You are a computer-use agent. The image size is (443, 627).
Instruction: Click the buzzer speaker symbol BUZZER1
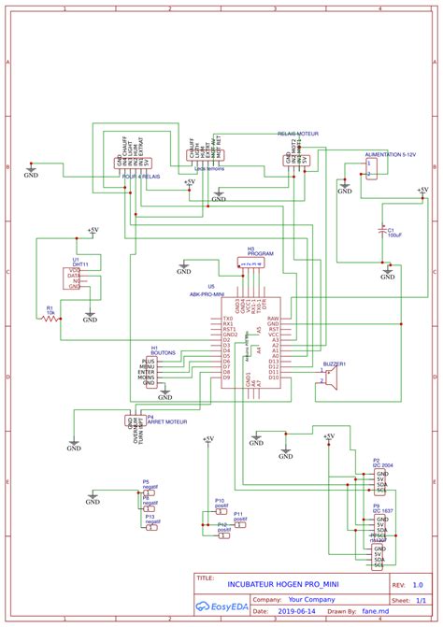[328, 377]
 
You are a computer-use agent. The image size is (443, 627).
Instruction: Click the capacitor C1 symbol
[380, 229]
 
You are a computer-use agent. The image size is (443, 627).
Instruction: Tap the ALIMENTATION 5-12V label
[391, 151]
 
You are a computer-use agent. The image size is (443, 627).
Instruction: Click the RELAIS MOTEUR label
[298, 135]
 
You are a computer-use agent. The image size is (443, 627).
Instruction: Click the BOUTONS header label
[163, 352]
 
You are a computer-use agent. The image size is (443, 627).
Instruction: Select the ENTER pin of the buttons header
[146, 372]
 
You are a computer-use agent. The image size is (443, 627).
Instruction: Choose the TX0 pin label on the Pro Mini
[227, 319]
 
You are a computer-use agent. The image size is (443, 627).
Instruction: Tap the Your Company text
[311, 600]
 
